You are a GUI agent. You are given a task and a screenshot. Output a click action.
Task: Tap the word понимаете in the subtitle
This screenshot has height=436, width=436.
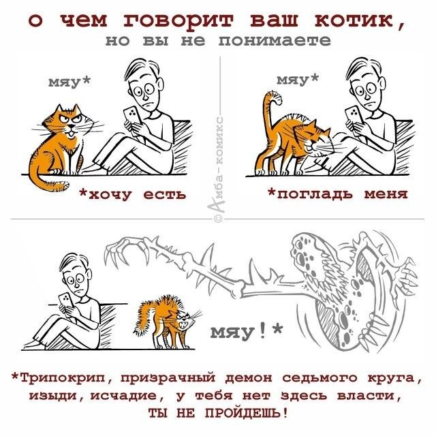275,41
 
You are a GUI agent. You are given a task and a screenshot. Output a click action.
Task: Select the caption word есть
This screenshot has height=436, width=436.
164,195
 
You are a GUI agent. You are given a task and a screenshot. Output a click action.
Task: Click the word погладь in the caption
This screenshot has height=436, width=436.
315,193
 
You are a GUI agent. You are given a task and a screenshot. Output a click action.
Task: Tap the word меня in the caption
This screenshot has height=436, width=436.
386,193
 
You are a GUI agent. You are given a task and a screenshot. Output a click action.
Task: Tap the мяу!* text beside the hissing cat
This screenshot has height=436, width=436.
247,332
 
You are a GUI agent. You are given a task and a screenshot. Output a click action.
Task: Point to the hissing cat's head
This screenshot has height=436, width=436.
185,320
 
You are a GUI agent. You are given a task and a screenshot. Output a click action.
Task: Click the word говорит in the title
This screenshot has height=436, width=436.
178,21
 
